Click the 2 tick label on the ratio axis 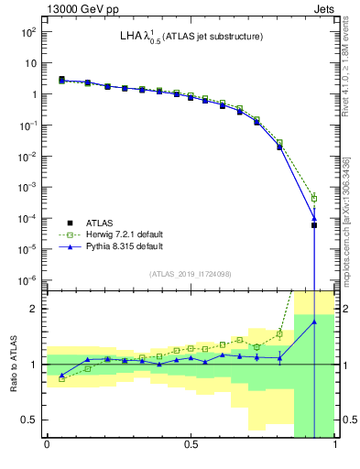click(34, 309)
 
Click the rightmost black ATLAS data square click(314, 224)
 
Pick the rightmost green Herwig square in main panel click(314, 198)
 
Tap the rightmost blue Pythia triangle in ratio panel click(314, 322)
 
